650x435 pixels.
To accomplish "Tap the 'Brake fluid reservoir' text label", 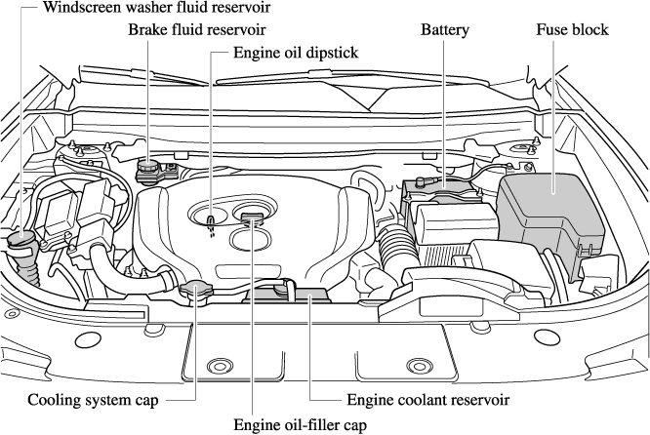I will pos(197,30).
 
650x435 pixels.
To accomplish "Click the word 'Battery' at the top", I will pos(445,30).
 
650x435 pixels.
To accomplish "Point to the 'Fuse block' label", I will pos(572,30).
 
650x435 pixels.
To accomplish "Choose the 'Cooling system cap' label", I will pos(92,400).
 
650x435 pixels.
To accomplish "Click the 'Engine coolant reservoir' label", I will pos(428,400).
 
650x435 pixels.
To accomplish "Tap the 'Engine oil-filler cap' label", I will pos(300,424).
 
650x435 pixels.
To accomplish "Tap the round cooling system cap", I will pos(194,290).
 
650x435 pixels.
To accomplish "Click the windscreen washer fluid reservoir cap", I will pos(20,239).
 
